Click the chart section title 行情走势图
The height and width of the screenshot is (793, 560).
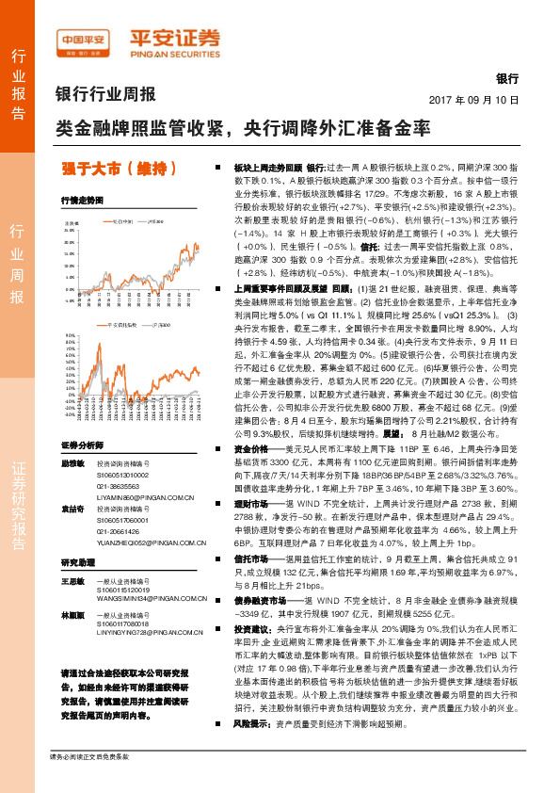[x=76, y=201]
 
